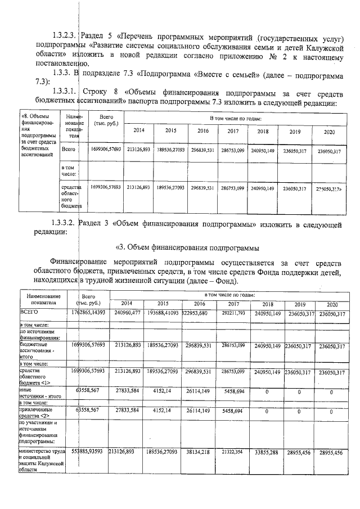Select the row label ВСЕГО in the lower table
(x=28, y=310)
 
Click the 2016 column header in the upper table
(x=203, y=131)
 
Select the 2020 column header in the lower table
(x=330, y=303)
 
